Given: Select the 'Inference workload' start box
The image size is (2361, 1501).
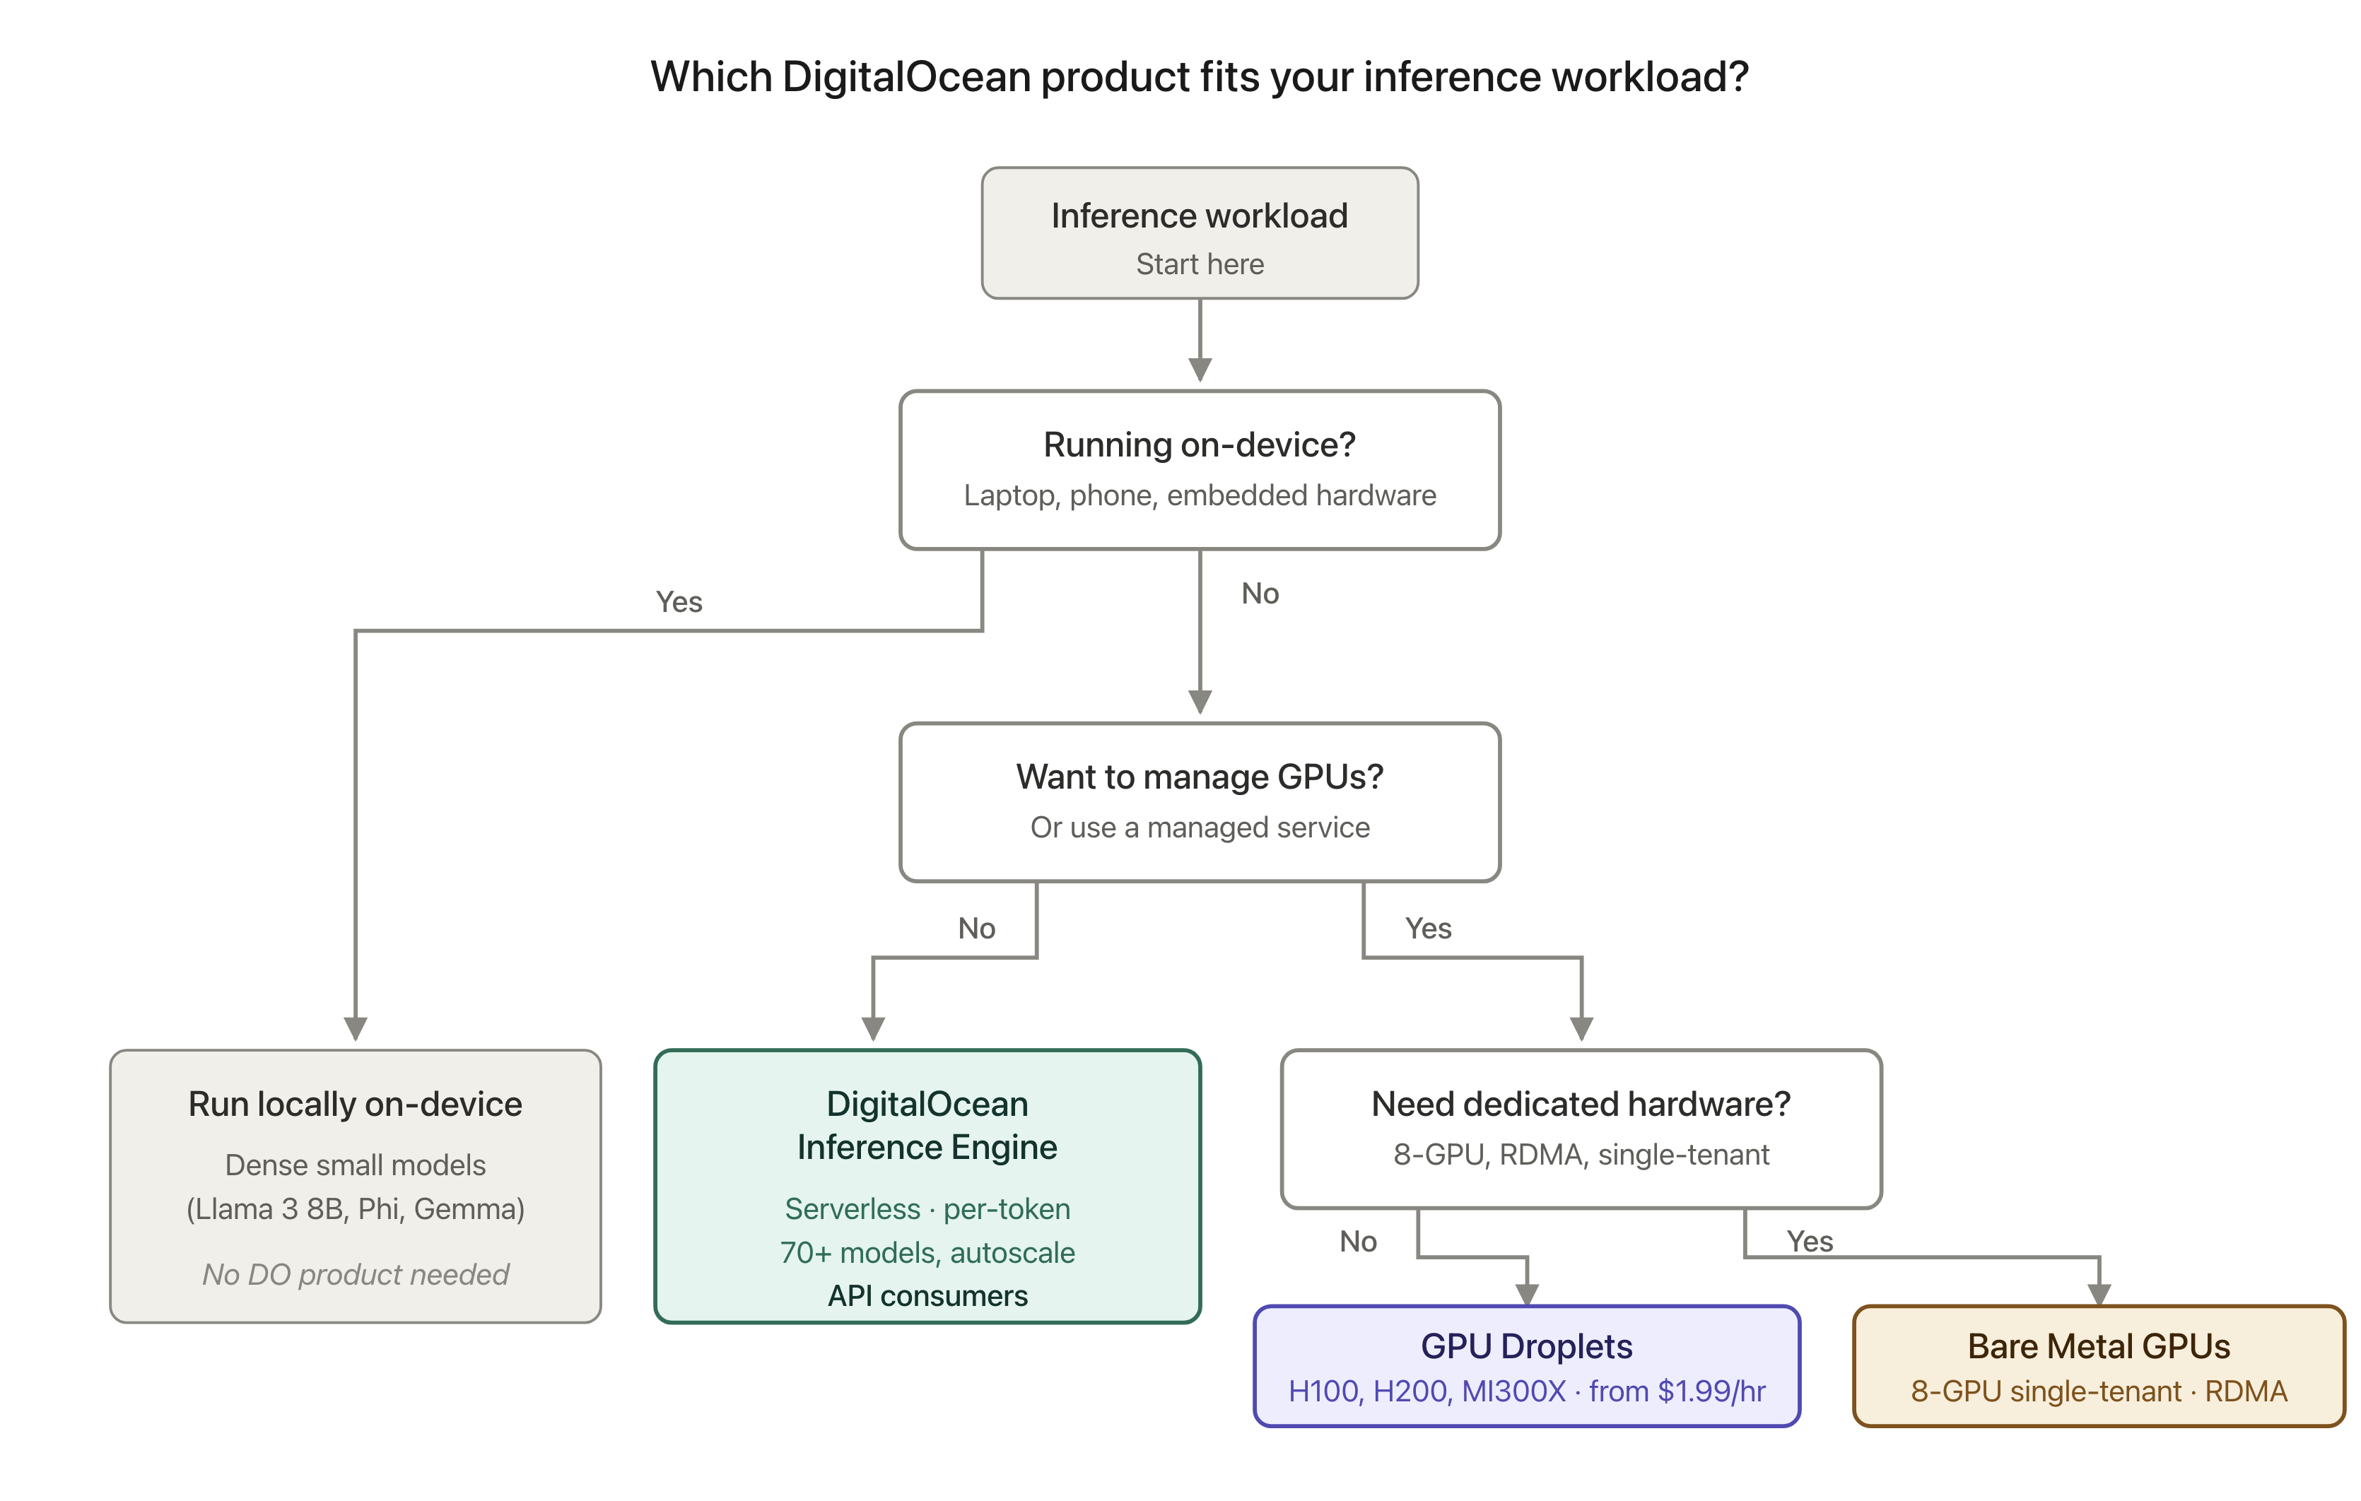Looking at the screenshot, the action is point(1200,233).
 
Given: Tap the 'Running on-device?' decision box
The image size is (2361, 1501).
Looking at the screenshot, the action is point(1200,471).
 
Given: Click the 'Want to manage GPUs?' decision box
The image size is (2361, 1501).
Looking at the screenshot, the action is point(1200,803).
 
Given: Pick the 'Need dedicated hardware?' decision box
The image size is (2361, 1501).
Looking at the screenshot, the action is point(1581,1129).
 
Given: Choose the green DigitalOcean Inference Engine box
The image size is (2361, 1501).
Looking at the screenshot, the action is point(927,1187).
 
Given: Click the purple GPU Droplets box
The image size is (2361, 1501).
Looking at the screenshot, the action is point(1527,1367).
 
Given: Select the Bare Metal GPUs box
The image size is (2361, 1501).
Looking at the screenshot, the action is point(2099,1367).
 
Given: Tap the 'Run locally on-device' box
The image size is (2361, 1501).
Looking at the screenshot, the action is point(355,1187).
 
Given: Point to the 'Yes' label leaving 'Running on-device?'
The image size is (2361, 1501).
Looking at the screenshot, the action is point(679,602).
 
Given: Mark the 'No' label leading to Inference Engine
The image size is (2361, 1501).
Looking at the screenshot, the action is point(976,929).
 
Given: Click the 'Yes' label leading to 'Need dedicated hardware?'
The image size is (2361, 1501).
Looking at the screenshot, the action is point(1428,929).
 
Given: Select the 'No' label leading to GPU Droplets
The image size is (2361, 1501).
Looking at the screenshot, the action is point(1358,1242).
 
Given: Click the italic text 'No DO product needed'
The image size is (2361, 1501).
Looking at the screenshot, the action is point(355,1275).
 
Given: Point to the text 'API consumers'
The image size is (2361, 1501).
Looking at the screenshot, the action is point(927,1296).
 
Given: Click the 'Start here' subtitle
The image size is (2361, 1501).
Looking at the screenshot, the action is point(1200,265).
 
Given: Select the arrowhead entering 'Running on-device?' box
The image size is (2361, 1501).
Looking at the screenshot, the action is point(1200,370).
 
